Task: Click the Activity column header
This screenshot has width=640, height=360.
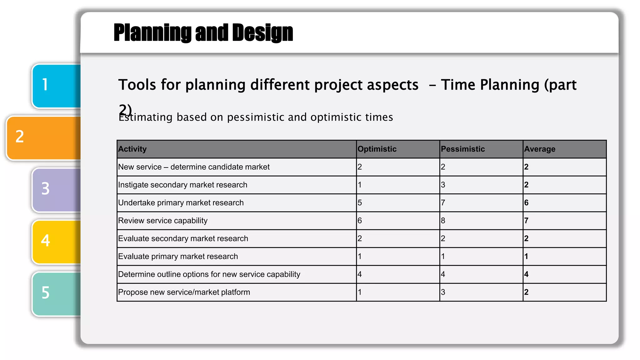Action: (x=132, y=149)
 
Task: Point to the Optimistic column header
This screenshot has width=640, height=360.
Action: (x=377, y=149)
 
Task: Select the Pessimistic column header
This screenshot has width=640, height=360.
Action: (x=463, y=149)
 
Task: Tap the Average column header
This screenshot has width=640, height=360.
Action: (x=540, y=149)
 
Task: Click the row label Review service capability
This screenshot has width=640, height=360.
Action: (x=163, y=221)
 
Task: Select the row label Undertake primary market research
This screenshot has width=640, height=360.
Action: (x=181, y=203)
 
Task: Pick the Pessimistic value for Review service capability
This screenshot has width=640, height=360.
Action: (x=443, y=221)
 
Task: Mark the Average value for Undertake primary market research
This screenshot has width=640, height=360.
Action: (x=527, y=203)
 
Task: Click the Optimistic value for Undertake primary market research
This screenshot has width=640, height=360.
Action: (x=360, y=203)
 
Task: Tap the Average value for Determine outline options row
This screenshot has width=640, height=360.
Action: (x=527, y=274)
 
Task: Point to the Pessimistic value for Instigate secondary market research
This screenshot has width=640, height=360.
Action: (x=443, y=185)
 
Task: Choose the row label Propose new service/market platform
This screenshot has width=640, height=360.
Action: (x=184, y=292)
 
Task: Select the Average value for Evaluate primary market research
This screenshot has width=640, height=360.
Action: (x=527, y=257)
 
